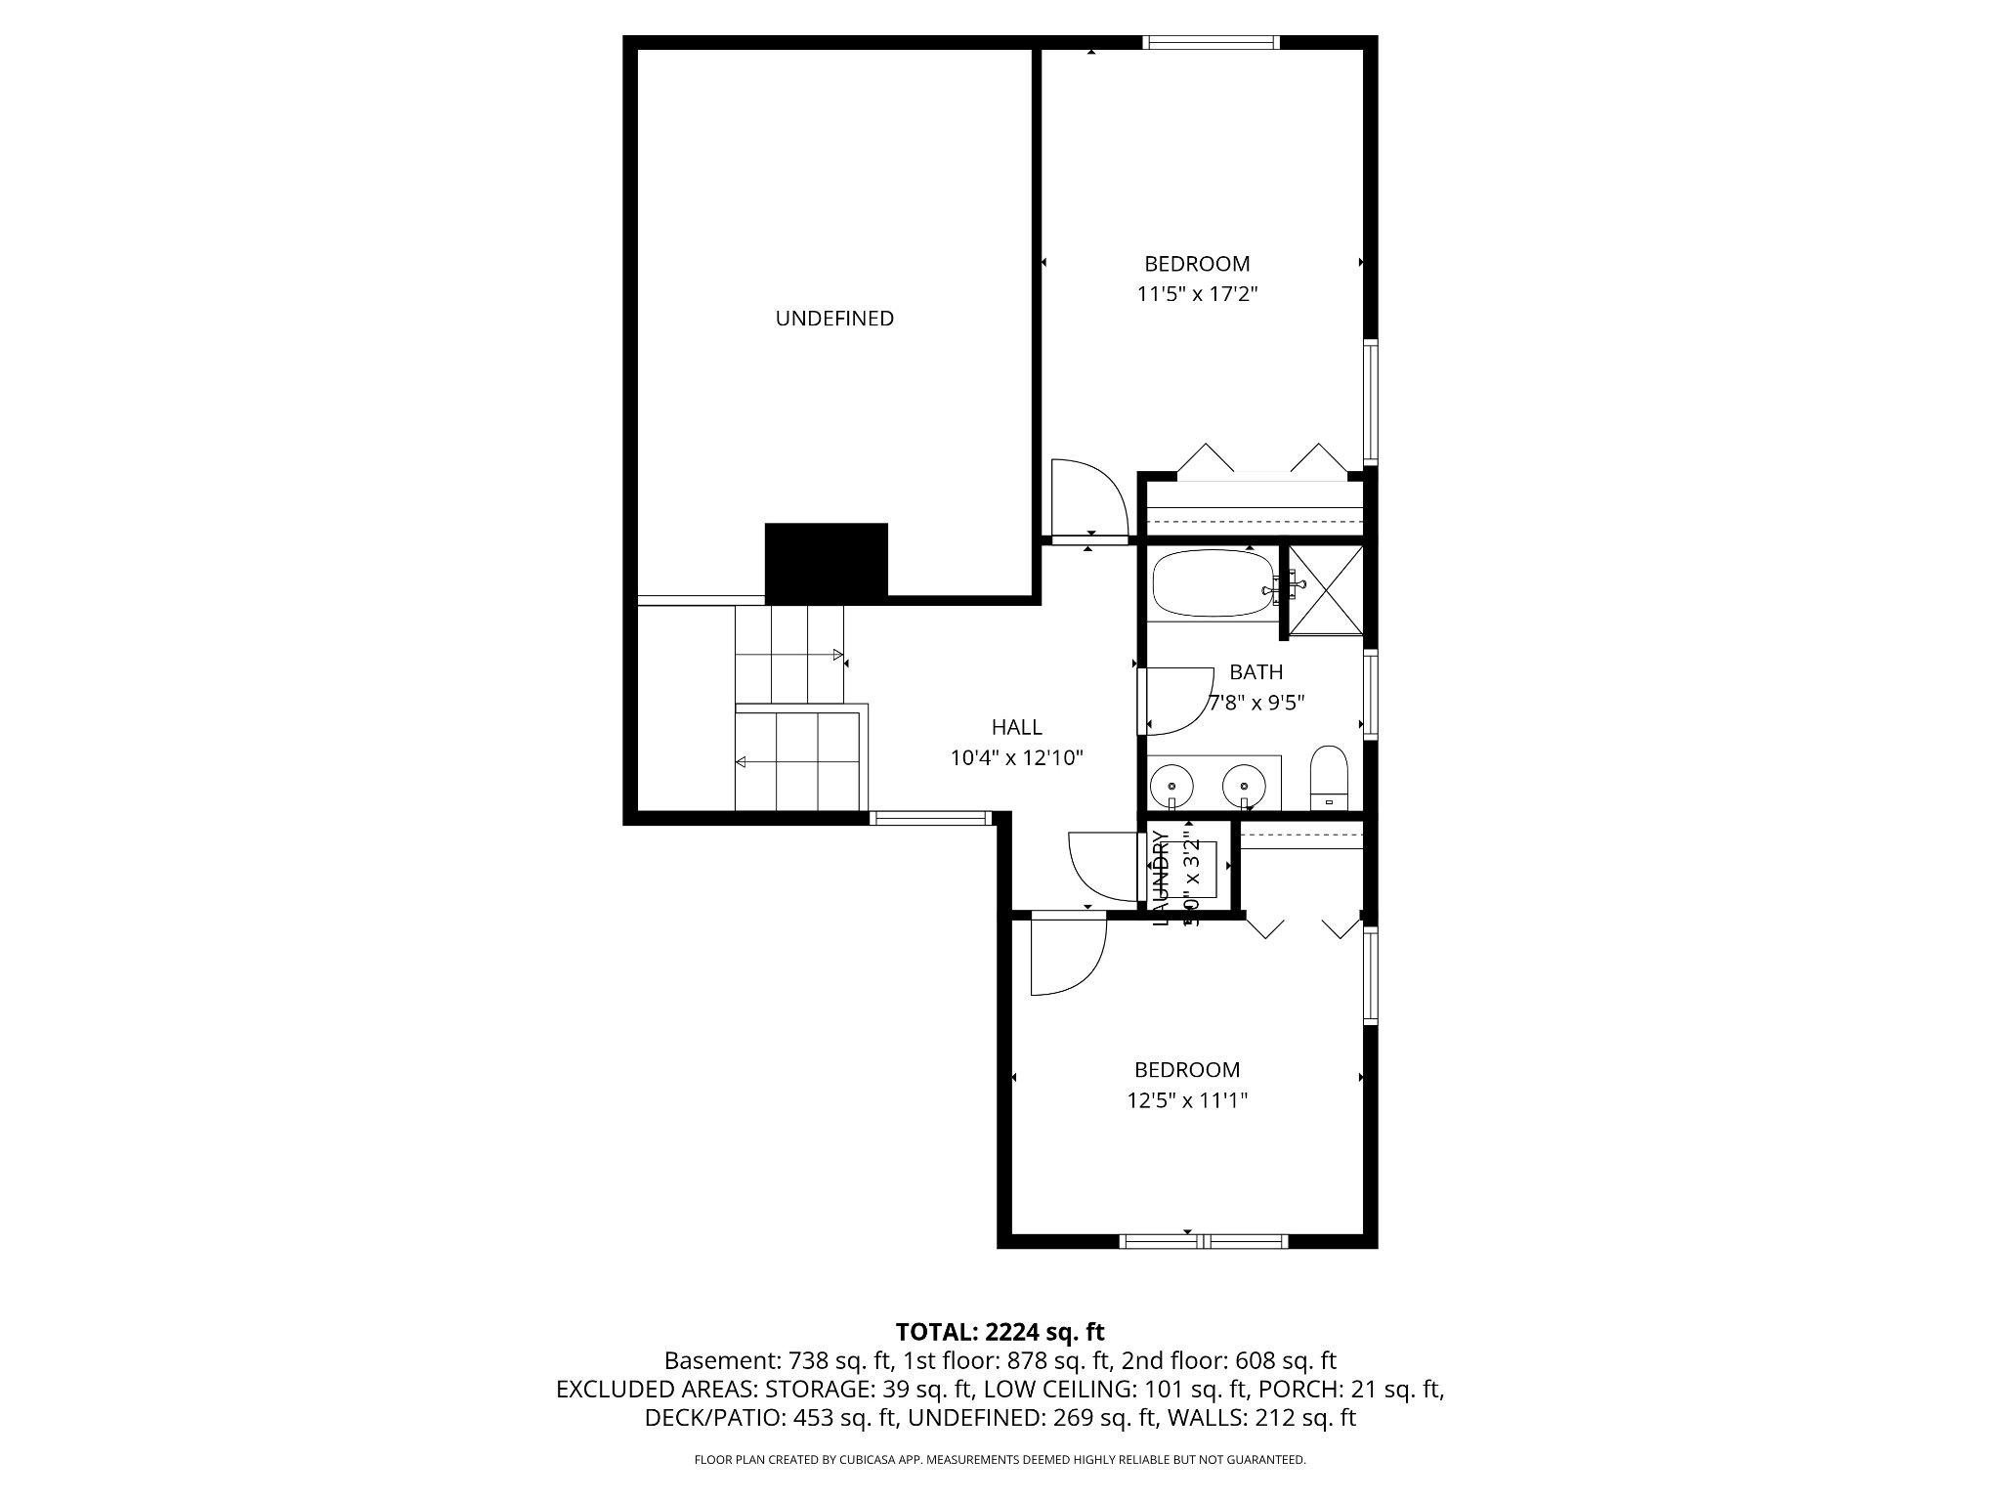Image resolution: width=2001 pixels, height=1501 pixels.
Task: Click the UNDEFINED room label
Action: click(x=834, y=319)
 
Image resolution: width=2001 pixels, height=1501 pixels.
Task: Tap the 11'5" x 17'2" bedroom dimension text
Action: click(x=1197, y=294)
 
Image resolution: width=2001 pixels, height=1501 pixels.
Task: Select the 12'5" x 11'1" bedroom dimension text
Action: click(x=1187, y=1100)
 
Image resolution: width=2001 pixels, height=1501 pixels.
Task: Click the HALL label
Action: click(x=1016, y=727)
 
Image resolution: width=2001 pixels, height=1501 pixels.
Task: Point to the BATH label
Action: click(x=1256, y=672)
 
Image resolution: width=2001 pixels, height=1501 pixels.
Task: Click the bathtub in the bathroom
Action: click(x=1213, y=583)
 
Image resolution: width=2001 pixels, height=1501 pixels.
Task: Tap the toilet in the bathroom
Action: click(x=1329, y=778)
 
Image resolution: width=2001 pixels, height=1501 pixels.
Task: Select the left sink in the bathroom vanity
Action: click(x=1171, y=785)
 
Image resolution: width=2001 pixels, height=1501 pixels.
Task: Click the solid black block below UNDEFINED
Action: click(x=826, y=562)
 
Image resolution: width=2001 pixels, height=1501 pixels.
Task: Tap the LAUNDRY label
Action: click(x=1161, y=877)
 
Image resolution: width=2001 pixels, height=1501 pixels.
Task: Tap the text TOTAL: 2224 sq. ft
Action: click(x=1000, y=1331)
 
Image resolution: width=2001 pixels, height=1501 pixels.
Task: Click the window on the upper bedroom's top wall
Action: click(x=1211, y=42)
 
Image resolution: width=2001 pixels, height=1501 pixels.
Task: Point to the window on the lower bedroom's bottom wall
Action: click(x=1203, y=1241)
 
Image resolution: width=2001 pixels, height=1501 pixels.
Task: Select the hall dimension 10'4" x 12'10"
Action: click(x=1016, y=757)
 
